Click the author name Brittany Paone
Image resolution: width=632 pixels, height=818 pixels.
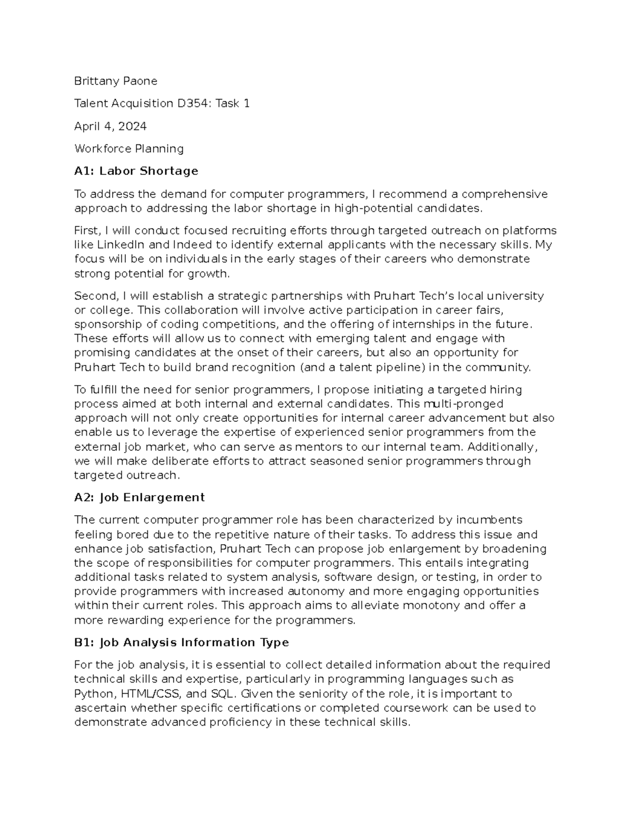(x=115, y=81)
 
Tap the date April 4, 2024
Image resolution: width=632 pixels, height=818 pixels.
(x=110, y=126)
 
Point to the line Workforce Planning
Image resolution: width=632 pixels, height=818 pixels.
(x=129, y=149)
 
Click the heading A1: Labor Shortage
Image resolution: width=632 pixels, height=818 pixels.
(x=136, y=171)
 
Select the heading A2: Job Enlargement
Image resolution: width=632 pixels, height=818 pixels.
(x=139, y=498)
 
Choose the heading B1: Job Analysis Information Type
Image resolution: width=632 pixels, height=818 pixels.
(x=181, y=643)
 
